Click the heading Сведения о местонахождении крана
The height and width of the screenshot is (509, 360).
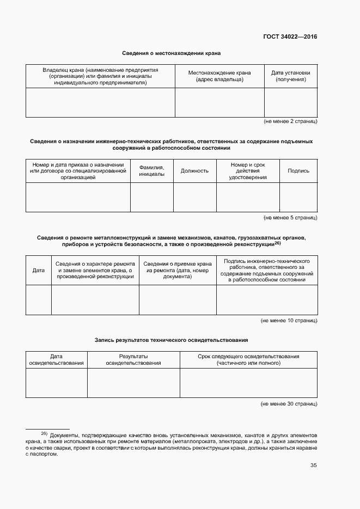point(171,53)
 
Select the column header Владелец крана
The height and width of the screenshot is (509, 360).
point(100,76)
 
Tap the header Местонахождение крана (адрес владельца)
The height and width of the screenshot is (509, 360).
point(219,76)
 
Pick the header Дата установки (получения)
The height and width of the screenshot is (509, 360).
point(291,76)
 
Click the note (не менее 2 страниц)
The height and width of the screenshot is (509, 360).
point(290,121)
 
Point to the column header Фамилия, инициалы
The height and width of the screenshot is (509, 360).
point(151,171)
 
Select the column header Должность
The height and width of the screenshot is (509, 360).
point(194,171)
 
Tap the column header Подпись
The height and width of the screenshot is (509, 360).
point(298,171)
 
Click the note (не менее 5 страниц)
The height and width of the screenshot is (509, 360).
point(290,218)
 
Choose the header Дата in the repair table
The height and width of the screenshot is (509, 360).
point(38,270)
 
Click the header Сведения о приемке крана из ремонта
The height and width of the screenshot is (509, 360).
point(178,270)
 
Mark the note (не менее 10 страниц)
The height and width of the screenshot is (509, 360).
point(289,321)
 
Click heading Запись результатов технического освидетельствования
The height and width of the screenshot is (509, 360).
point(171,340)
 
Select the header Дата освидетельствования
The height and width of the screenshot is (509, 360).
point(57,359)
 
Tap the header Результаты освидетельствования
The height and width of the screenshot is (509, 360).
point(133,359)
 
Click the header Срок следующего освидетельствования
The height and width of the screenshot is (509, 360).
point(248,359)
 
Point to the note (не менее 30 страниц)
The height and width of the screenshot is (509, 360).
point(289,404)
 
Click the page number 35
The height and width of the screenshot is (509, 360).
point(313,465)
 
